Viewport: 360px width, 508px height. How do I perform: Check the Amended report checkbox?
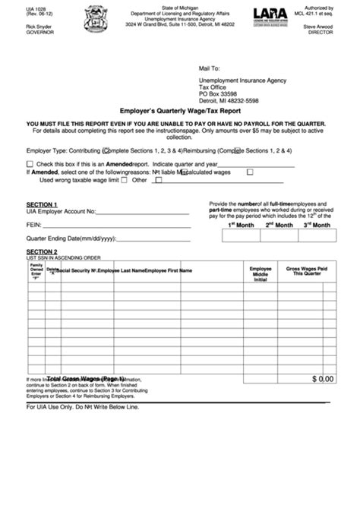30,163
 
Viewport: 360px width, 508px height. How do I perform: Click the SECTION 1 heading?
42,204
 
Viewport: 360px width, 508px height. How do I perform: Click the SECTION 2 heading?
42,251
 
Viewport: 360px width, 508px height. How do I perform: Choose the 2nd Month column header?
279,226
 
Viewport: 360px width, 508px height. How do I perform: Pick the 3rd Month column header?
317,226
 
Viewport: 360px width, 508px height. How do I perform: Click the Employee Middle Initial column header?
261,274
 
